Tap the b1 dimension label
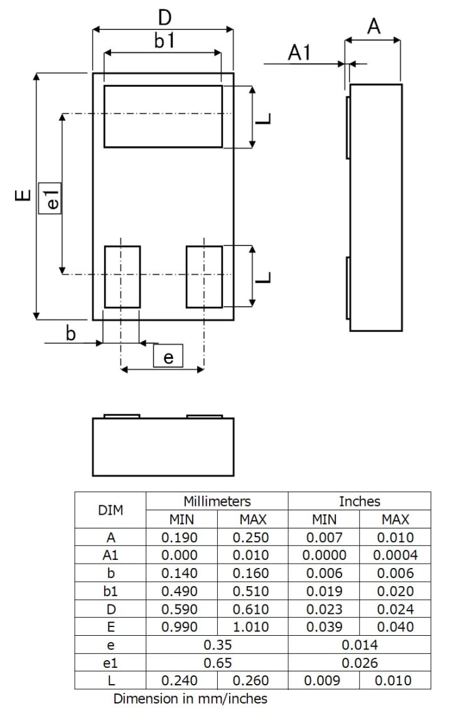pos(164,41)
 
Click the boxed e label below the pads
pos(168,356)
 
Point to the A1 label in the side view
pos(299,53)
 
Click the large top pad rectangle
pos(163,116)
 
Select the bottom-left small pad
pos(122,277)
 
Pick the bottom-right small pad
pos(204,277)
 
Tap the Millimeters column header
pos(217,501)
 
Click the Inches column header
pos(359,501)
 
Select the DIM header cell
pos(110,510)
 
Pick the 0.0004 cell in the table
pos(395,555)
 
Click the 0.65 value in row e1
pos(217,663)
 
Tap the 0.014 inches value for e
pos(359,645)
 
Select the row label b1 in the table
pos(110,591)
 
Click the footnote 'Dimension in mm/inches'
pos(190,699)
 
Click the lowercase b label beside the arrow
pos(71,333)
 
